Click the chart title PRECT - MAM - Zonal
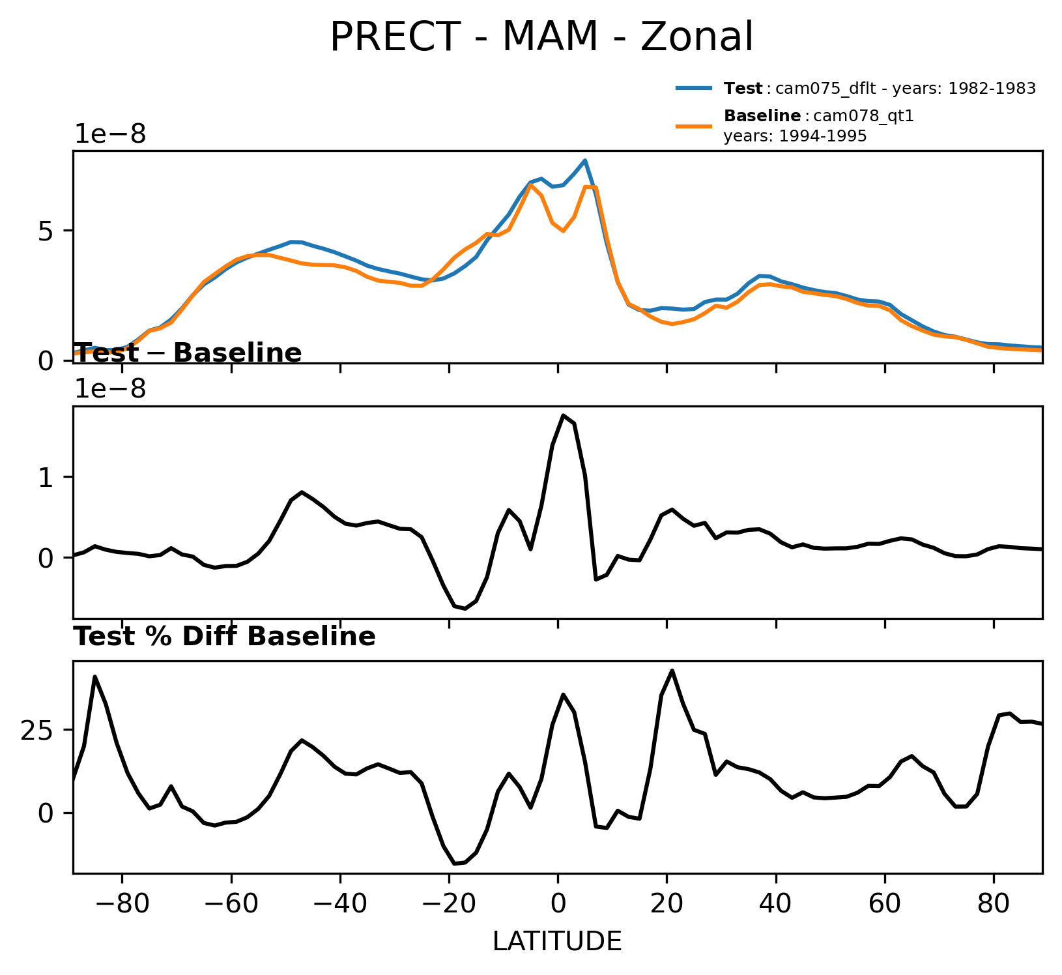click(541, 37)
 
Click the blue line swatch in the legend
click(693, 89)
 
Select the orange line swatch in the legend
click(693, 126)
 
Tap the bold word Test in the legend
click(743, 89)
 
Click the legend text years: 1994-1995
click(795, 136)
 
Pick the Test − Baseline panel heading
click(188, 353)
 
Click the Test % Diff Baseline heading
click(224, 637)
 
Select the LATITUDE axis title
click(557, 942)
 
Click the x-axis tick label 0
click(558, 905)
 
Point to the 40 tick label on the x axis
click(775, 905)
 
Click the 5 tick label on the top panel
click(45, 233)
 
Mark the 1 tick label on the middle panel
click(45, 478)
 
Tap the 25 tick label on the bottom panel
click(37, 731)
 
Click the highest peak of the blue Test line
click(585, 160)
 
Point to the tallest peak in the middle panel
click(563, 415)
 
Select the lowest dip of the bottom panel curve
click(455, 864)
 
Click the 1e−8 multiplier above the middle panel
click(110, 389)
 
